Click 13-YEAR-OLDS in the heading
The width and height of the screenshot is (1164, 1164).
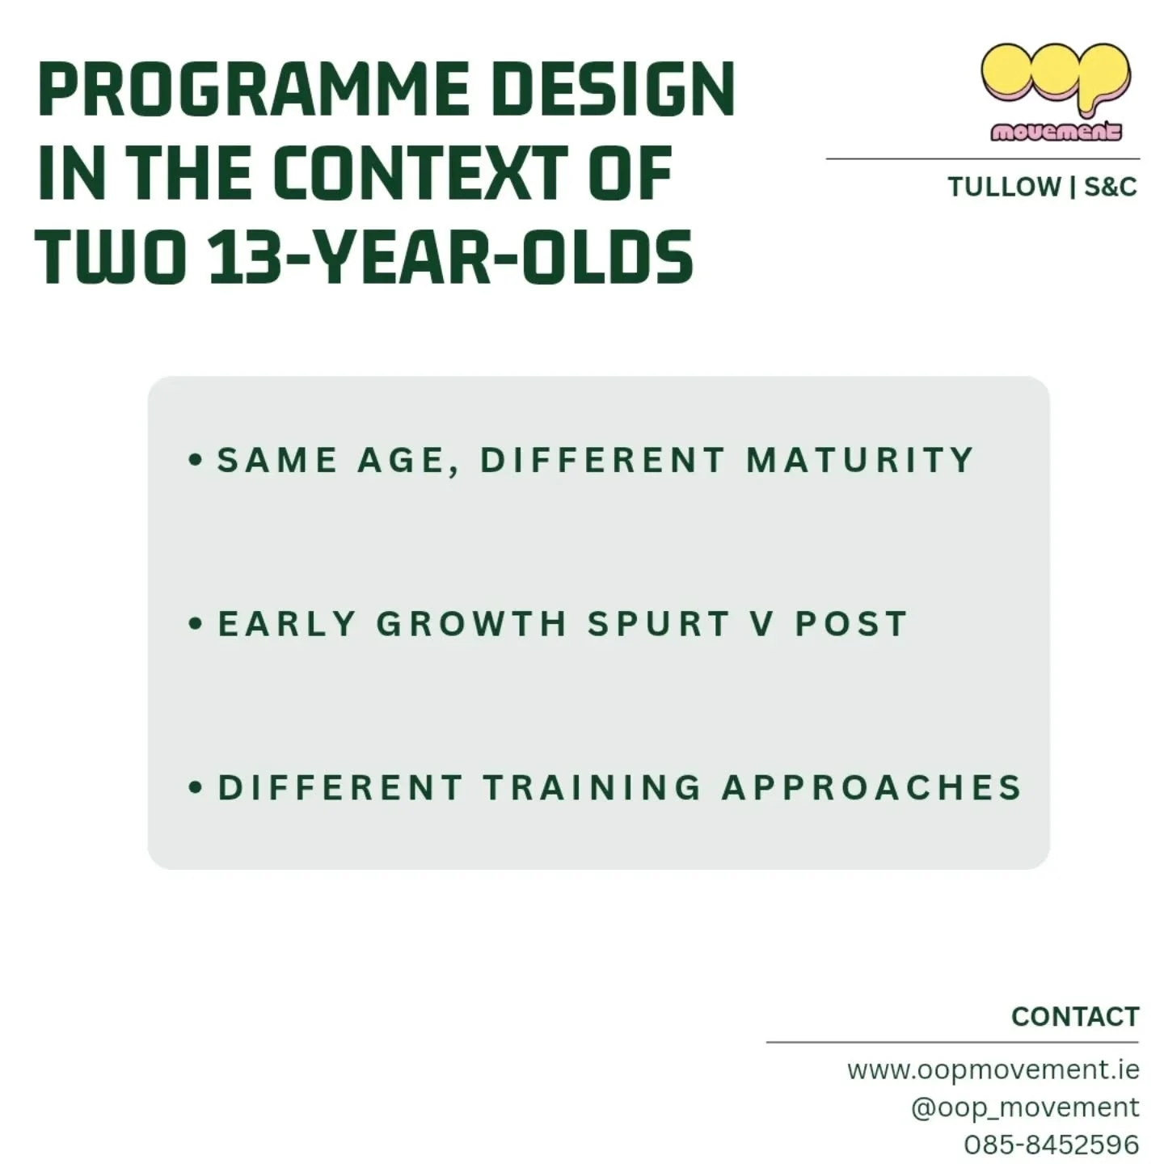click(x=451, y=258)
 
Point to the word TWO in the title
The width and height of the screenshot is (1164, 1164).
click(x=111, y=258)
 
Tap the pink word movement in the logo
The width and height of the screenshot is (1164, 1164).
click(x=1056, y=132)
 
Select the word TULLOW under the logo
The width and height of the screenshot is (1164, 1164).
click(x=1004, y=188)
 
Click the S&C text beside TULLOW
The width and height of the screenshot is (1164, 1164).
click(x=1110, y=188)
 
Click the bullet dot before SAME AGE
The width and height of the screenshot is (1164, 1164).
click(x=195, y=460)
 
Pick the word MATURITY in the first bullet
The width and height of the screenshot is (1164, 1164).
click(x=860, y=460)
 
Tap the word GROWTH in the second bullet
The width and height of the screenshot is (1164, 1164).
click(x=471, y=624)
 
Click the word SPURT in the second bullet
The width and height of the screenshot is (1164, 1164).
click(x=659, y=624)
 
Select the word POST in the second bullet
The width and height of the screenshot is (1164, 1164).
click(x=851, y=624)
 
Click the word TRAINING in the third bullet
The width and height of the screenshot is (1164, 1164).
click(x=593, y=788)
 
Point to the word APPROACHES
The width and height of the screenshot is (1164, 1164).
click(x=872, y=788)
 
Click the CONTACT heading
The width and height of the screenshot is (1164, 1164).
click(x=1074, y=1017)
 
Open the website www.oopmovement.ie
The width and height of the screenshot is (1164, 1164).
click(x=993, y=1070)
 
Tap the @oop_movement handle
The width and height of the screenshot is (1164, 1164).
click(x=1024, y=1107)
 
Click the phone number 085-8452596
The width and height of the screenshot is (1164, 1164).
click(x=1051, y=1145)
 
